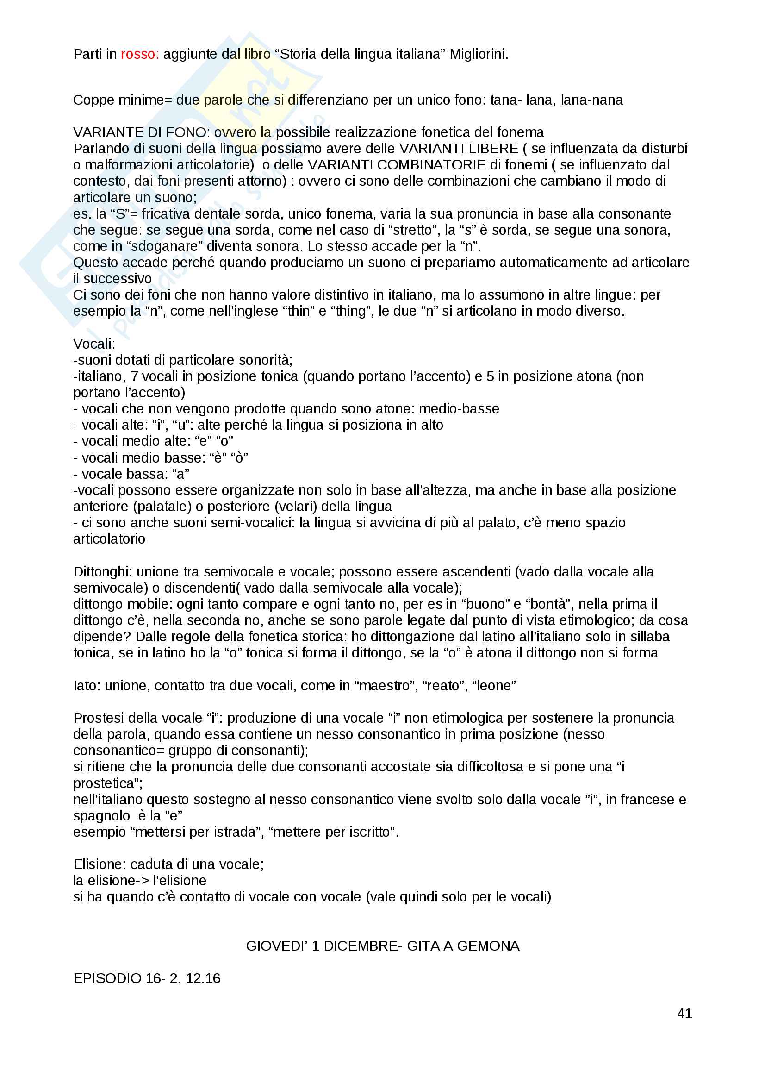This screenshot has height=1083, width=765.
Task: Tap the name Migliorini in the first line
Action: coord(479,54)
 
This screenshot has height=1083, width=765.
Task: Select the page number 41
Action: coord(684,1013)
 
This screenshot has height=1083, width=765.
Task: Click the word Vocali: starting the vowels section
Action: coord(94,344)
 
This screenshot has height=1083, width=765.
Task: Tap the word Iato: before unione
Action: coord(87,685)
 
